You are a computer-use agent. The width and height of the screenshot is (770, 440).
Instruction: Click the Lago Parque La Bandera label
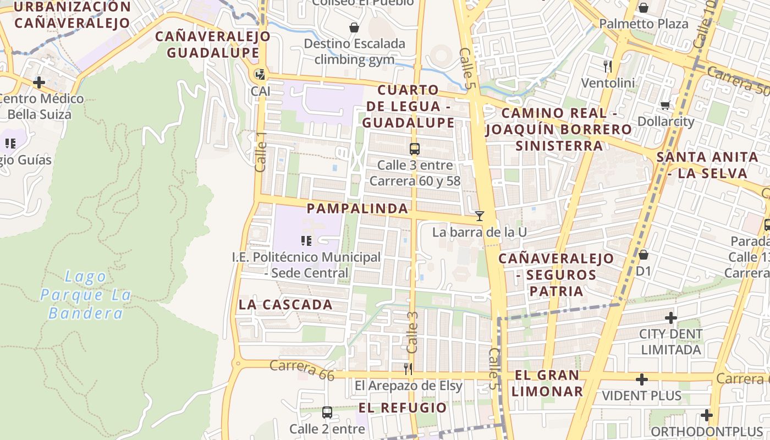click(86, 295)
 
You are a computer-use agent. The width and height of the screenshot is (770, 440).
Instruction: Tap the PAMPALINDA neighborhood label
click(358, 208)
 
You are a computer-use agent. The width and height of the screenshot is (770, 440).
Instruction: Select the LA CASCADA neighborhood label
click(285, 305)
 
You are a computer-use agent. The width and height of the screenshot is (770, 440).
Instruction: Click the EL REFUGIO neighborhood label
click(403, 408)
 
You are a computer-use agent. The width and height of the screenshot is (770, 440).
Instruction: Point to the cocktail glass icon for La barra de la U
click(480, 216)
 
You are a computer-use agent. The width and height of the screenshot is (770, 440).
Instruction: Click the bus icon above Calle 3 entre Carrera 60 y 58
click(415, 148)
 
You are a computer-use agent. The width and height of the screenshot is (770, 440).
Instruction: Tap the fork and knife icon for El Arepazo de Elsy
click(408, 369)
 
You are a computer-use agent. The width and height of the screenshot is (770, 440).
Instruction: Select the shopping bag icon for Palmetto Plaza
click(643, 8)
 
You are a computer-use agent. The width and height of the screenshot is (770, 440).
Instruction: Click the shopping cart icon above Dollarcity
click(665, 105)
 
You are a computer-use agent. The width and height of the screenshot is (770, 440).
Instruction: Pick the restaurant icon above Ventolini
click(608, 67)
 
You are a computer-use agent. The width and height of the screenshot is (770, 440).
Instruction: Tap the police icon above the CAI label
click(260, 74)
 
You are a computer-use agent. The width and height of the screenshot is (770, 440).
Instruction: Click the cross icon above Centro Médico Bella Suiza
click(38, 83)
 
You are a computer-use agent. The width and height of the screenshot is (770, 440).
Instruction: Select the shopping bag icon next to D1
click(643, 255)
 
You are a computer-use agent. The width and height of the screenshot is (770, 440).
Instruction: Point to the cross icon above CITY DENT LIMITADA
click(670, 318)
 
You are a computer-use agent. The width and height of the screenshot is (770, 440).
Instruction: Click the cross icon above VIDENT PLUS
click(641, 380)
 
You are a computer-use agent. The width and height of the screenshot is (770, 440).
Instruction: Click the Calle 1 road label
click(261, 156)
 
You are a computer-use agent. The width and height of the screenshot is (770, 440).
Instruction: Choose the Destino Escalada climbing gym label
click(354, 51)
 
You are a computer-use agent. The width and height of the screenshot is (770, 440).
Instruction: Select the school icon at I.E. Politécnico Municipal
click(306, 240)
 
